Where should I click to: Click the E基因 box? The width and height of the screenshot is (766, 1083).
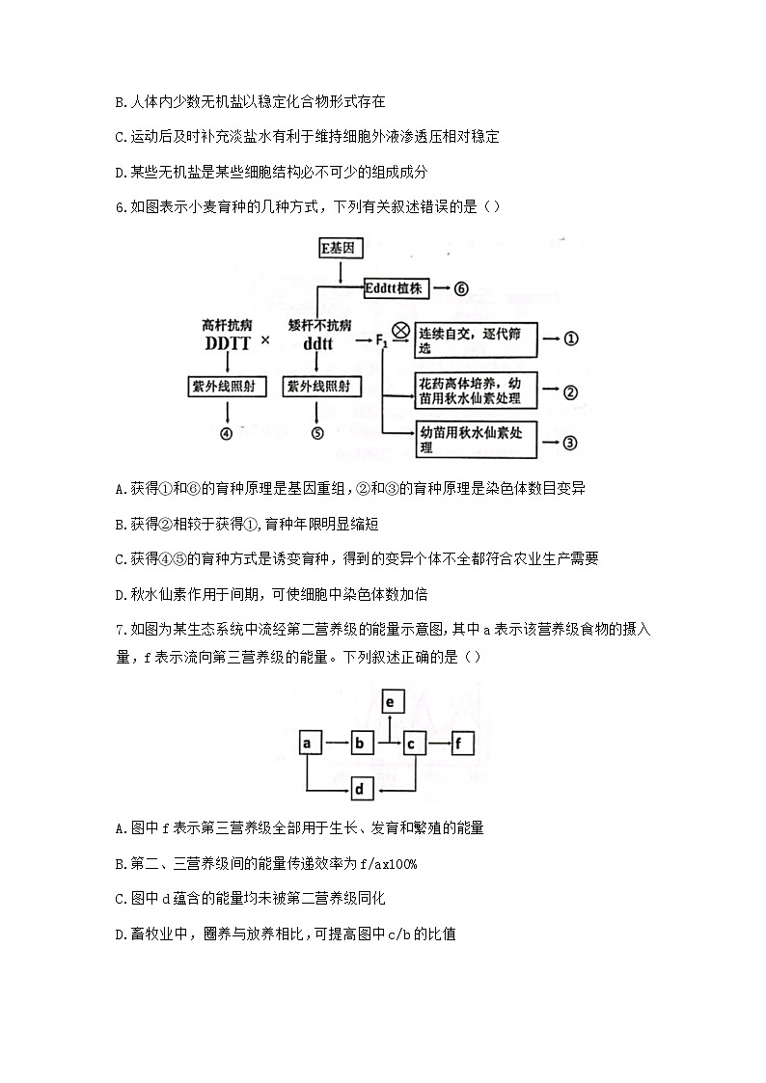click(x=340, y=249)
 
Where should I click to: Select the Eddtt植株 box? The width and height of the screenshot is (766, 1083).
click(x=397, y=287)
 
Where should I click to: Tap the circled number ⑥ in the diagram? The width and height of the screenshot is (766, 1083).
click(x=461, y=287)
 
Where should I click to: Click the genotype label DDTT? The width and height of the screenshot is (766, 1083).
click(x=227, y=343)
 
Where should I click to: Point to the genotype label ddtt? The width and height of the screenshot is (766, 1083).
click(x=318, y=343)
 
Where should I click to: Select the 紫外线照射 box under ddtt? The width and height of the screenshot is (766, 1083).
click(x=318, y=387)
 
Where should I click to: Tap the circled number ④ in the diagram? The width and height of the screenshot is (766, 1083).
click(x=226, y=433)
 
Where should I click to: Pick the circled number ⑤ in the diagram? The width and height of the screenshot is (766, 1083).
click(x=317, y=433)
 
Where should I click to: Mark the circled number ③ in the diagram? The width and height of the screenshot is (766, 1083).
click(x=569, y=443)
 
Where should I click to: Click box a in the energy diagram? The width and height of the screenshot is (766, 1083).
click(x=307, y=744)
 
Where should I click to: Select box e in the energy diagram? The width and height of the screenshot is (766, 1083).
click(x=389, y=702)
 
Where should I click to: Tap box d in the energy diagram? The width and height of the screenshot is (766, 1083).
click(x=359, y=790)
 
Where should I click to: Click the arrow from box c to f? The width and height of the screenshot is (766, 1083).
click(x=440, y=744)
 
